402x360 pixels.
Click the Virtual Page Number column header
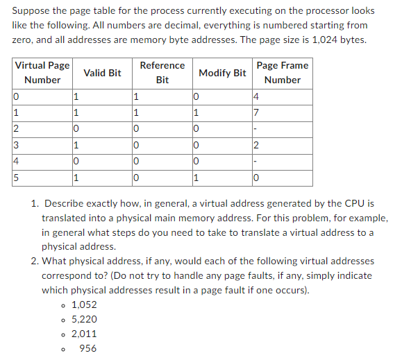point(42,72)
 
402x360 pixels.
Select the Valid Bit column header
point(102,72)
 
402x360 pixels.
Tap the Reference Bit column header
point(162,72)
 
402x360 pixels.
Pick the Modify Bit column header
point(222,72)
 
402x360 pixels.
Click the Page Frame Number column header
point(282,72)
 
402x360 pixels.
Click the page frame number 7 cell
point(258,112)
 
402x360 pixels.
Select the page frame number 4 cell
point(258,96)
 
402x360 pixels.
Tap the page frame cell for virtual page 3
point(258,145)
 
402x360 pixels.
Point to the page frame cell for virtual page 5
point(258,178)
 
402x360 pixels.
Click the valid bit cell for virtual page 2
point(76,129)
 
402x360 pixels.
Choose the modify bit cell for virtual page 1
point(197,112)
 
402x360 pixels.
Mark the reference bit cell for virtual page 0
point(136,96)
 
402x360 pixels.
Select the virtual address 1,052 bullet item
point(84,305)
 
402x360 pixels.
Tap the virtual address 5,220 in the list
point(84,319)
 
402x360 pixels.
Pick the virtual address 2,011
point(84,334)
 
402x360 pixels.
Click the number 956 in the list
point(88,348)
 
